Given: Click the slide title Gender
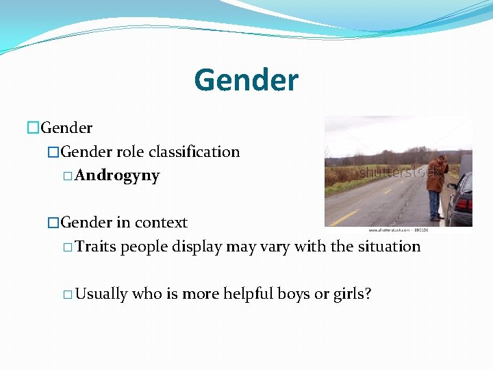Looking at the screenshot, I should tap(246, 80).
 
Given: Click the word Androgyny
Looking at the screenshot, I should tap(117, 175).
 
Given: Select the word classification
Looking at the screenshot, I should tap(194, 151).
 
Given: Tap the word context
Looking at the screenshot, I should tap(161, 223).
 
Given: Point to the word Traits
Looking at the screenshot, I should tap(96, 247).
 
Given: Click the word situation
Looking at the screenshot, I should tap(388, 247).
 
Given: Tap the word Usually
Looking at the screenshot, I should tap(101, 294).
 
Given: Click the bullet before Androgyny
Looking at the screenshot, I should tap(67, 176).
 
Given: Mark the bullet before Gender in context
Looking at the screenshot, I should tap(53, 223).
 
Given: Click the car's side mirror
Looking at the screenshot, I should tap(451, 186).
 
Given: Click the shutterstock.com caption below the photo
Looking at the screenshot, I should tap(397, 231).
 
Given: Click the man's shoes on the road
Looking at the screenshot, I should tap(435, 219).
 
